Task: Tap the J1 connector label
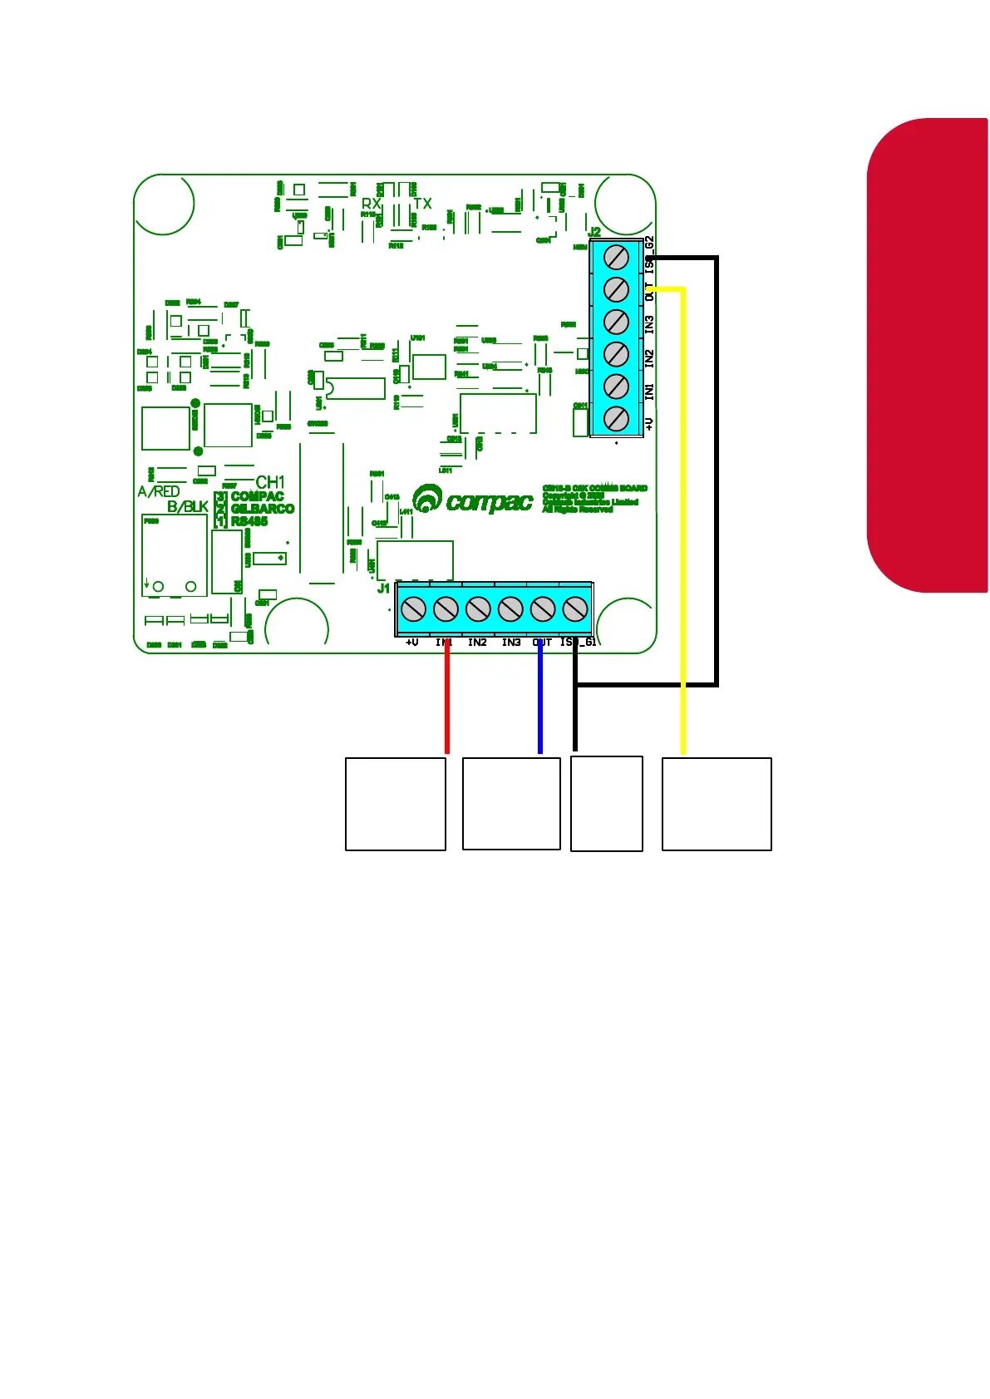(x=383, y=589)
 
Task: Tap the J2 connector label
(x=594, y=232)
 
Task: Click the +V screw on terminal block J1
(x=413, y=609)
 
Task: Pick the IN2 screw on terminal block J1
(x=478, y=609)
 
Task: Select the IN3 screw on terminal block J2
(x=616, y=322)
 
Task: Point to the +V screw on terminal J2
(x=616, y=419)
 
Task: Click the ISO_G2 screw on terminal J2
(x=616, y=258)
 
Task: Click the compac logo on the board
(x=473, y=500)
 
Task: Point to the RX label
(x=371, y=204)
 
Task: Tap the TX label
(x=422, y=204)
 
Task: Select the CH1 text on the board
(x=270, y=482)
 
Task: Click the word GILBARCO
(x=263, y=509)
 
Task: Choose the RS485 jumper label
(x=249, y=521)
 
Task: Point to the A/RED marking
(x=159, y=491)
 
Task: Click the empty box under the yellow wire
(x=717, y=804)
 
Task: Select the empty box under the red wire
(x=396, y=804)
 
